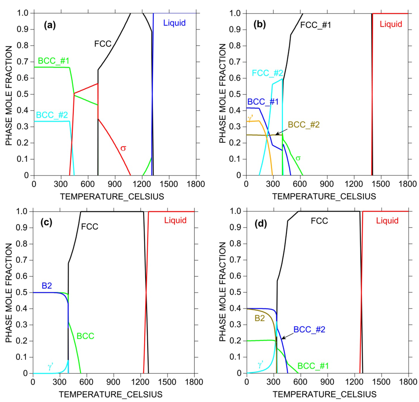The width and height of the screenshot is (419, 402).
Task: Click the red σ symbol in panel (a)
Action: [123, 148]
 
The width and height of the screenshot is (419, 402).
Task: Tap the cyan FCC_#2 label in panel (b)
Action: [267, 73]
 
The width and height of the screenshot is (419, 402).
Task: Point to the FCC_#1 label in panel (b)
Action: [315, 25]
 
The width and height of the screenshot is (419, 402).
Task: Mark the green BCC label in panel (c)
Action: [86, 336]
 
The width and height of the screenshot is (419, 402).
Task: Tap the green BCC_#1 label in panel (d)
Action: [314, 365]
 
